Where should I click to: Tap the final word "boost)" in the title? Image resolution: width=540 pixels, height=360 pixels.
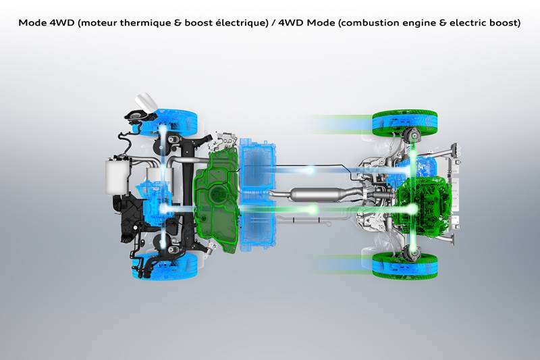(x=504, y=23)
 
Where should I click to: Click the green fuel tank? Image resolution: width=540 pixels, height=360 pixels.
(x=215, y=200)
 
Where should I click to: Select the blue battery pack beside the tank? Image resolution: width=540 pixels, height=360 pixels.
(x=258, y=195)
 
